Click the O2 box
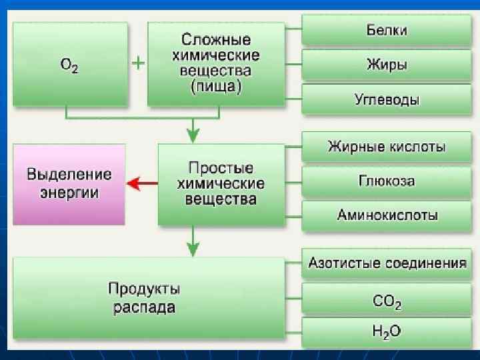70,64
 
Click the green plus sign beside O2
137,63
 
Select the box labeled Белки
387,31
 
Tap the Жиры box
387,65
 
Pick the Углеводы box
387,100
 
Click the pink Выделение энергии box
69,183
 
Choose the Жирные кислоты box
387,147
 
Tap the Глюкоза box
387,181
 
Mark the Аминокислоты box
387,215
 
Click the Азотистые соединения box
387,263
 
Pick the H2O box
387,331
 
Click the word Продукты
144,289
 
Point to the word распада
144,307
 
